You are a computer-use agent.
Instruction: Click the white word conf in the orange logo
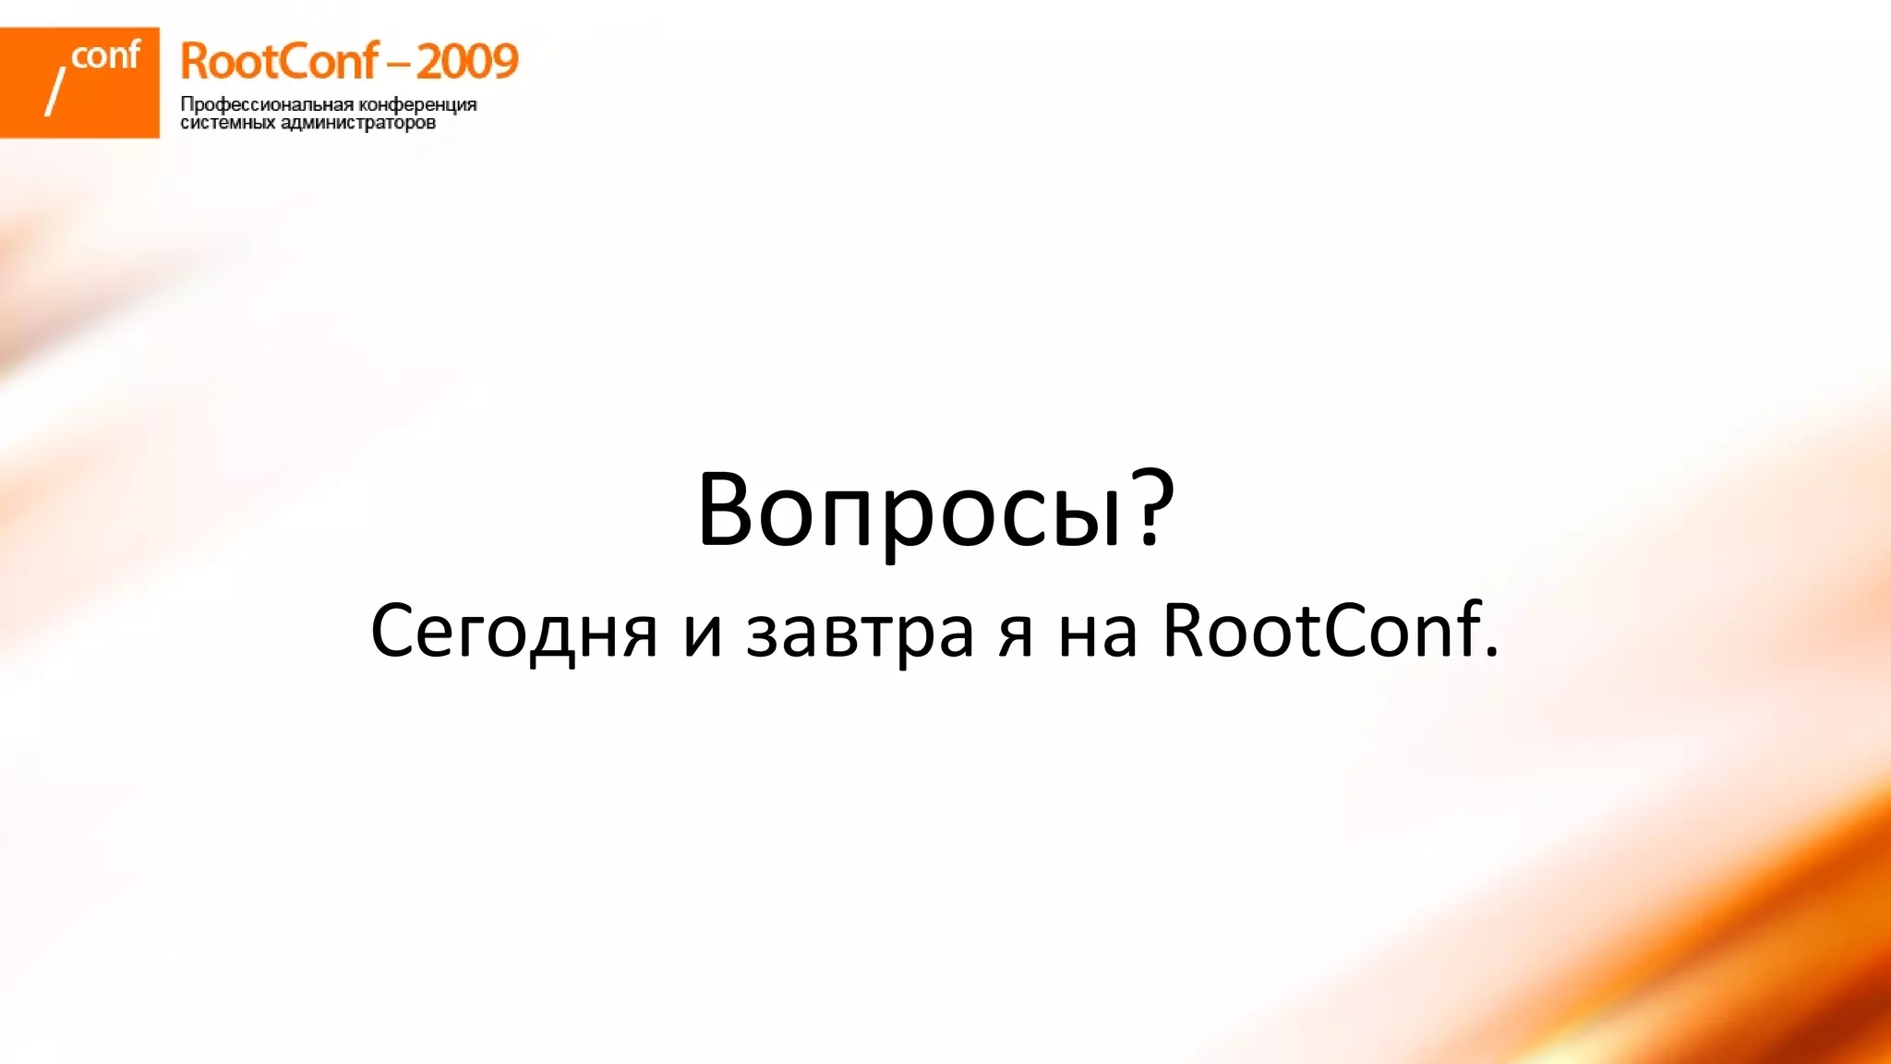105,56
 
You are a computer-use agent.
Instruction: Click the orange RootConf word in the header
279,62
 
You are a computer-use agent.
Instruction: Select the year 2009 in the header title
467,62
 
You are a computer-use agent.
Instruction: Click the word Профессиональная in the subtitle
267,104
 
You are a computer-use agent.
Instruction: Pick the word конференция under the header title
417,104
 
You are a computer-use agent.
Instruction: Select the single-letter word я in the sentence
1016,635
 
